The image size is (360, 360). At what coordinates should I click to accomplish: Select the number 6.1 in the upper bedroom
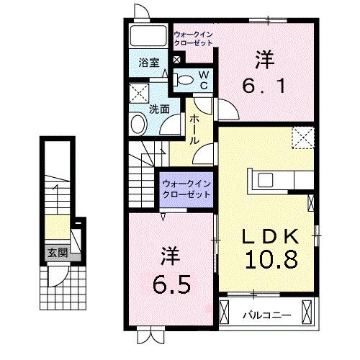(x=267, y=84)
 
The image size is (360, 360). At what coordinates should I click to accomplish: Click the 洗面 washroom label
(x=159, y=109)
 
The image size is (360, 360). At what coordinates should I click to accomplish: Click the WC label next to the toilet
(x=204, y=80)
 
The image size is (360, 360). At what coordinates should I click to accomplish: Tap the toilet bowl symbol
(x=184, y=80)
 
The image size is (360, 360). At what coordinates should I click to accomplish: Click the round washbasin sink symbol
(x=138, y=125)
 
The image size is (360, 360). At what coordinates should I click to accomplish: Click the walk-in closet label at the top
(x=194, y=38)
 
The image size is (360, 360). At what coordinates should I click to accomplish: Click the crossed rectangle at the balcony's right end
(x=308, y=314)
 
